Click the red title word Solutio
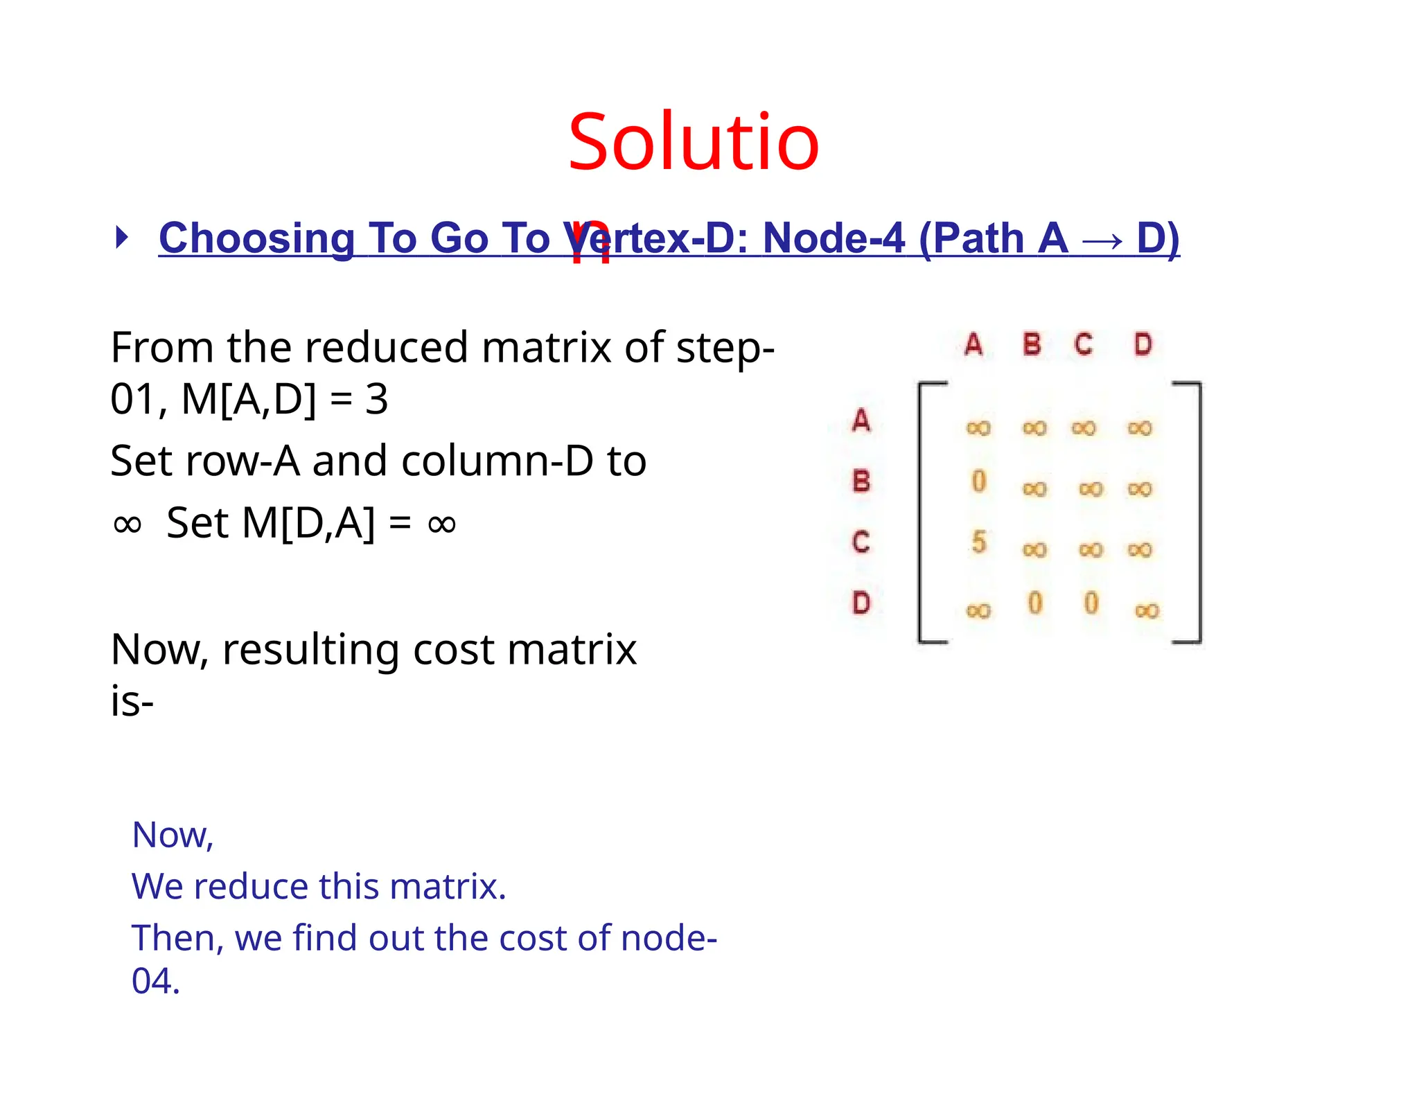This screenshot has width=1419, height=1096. point(693,144)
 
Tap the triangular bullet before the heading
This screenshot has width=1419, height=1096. point(122,238)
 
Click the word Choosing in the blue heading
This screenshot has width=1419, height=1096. point(257,238)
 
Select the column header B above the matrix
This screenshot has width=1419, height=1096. point(1032,344)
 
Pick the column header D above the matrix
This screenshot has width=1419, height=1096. point(1143,344)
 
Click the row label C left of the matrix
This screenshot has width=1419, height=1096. point(861,542)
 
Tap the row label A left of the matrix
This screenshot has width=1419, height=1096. point(861,421)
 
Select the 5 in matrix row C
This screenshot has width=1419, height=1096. point(978,542)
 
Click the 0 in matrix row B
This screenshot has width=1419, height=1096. point(978,481)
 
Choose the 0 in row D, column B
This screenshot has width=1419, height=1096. point(1034,603)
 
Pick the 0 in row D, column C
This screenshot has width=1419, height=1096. point(1091,603)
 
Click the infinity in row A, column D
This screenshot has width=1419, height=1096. point(1140,428)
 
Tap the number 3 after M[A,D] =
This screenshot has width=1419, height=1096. point(376,400)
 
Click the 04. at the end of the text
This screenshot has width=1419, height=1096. point(156,982)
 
